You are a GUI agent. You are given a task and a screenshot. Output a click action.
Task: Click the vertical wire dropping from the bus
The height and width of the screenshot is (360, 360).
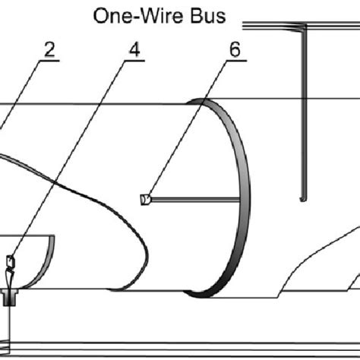click(x=302, y=114)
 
